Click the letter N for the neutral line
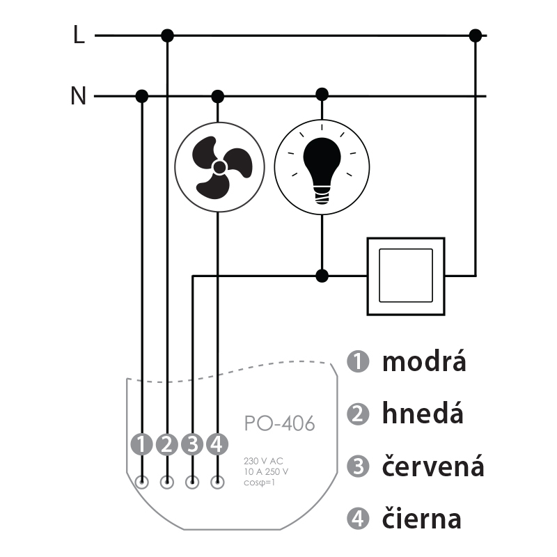(x=79, y=95)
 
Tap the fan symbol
(x=219, y=167)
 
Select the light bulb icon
(x=322, y=167)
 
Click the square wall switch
(x=406, y=276)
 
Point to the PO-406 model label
(x=280, y=423)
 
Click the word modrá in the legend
(x=424, y=361)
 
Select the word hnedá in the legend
(x=423, y=413)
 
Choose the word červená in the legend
(x=433, y=465)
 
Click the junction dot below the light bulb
(x=322, y=276)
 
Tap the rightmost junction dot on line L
(x=476, y=36)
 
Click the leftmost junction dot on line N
(x=142, y=96)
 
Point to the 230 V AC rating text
(x=263, y=461)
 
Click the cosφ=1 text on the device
(x=259, y=483)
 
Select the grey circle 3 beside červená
(x=358, y=466)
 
